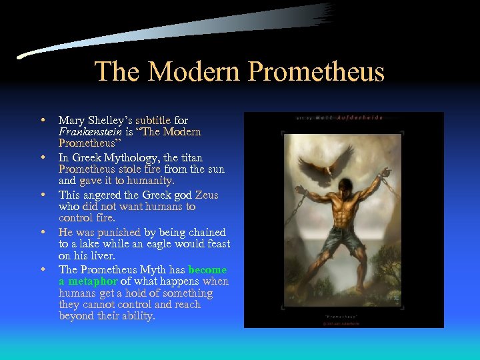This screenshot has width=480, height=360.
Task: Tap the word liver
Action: (102, 256)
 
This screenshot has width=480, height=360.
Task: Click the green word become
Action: (207, 269)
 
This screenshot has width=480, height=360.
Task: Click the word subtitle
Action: (153, 121)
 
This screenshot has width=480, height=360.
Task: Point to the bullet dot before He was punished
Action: (43, 232)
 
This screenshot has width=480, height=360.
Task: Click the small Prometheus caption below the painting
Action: (341, 315)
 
